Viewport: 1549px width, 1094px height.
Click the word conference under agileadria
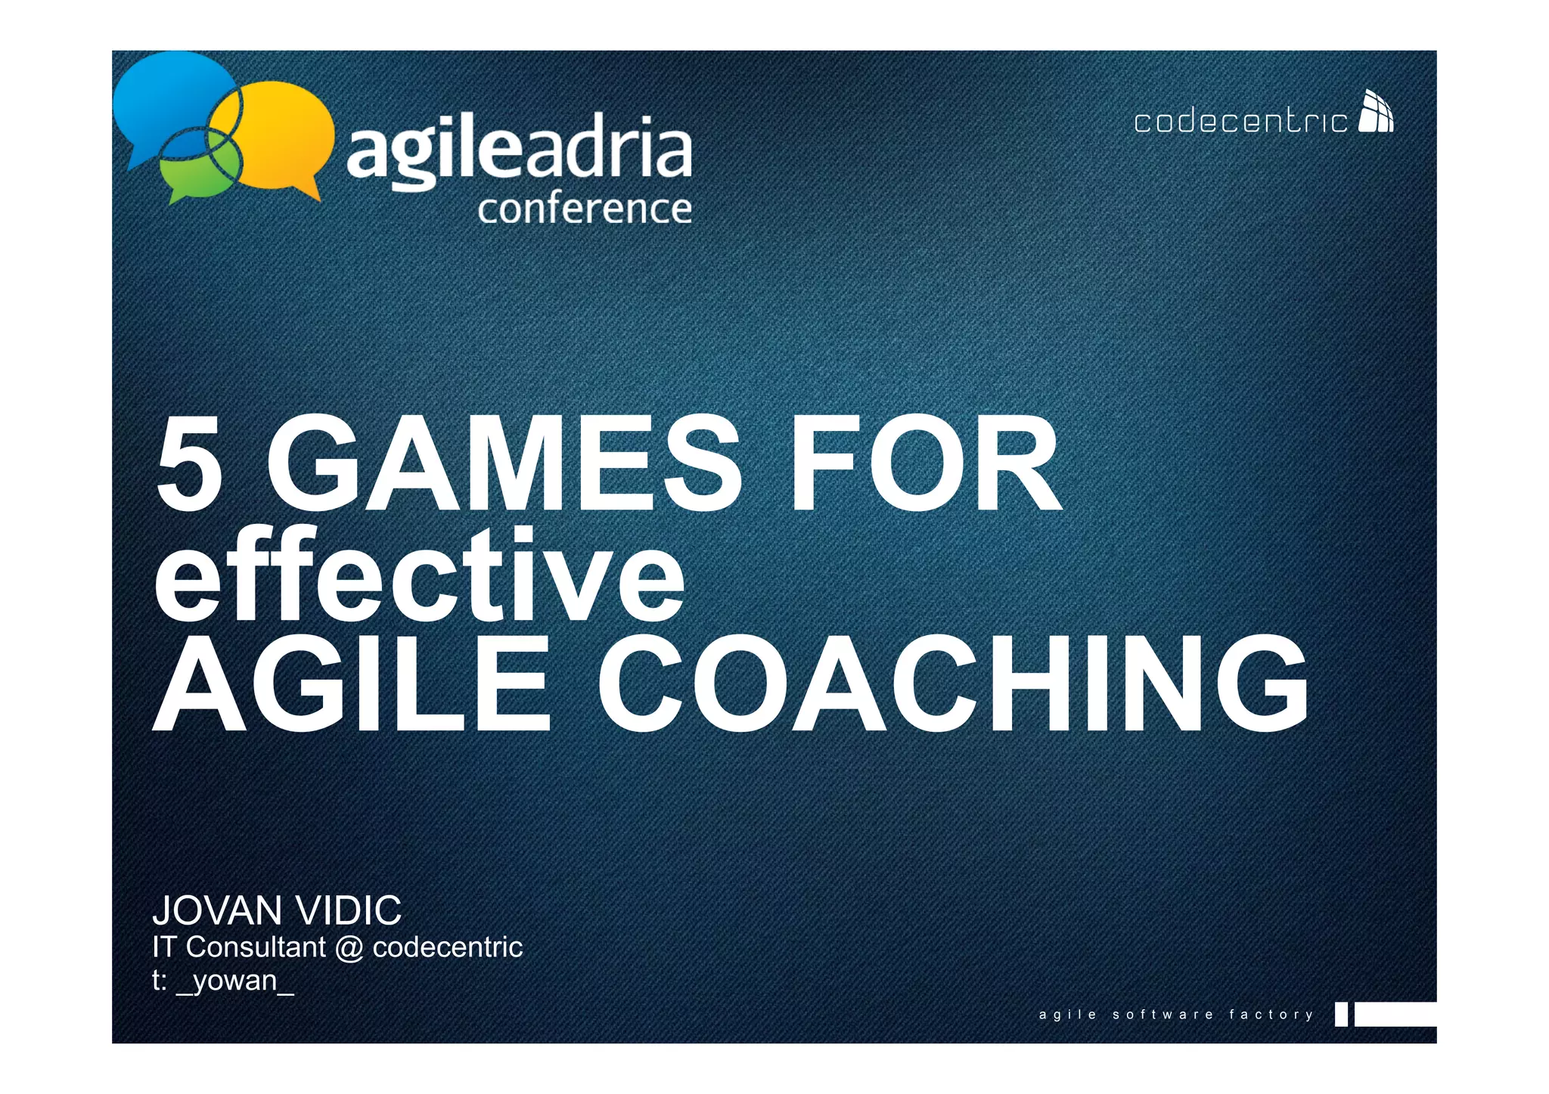coord(584,209)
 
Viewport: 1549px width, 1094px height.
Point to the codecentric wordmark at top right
coord(1240,122)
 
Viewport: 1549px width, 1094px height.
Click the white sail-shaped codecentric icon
coord(1376,112)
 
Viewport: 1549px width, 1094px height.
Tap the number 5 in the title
coord(190,465)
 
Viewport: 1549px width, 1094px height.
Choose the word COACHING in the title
coord(953,684)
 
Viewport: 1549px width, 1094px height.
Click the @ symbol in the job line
coord(349,948)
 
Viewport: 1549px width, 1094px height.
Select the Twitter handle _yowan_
coord(234,981)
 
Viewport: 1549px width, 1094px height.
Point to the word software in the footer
coord(1163,1015)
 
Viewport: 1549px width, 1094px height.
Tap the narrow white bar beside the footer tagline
coord(1341,1015)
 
